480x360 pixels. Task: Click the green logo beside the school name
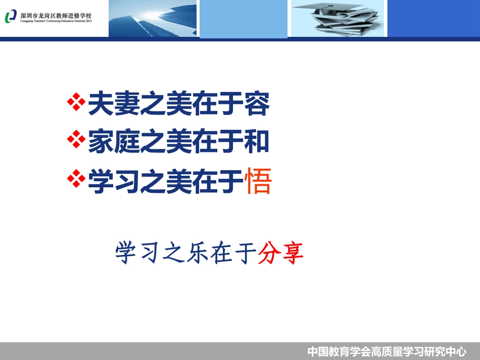pyautogui.click(x=11, y=17)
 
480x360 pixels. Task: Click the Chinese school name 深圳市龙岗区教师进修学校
pyautogui.click(x=56, y=14)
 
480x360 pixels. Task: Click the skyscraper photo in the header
pyautogui.click(x=153, y=18)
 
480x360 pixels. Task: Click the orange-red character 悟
pyautogui.click(x=258, y=182)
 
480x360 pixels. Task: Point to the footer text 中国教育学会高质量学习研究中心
pyautogui.click(x=387, y=351)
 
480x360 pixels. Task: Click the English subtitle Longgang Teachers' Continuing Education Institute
pyautogui.click(x=56, y=21)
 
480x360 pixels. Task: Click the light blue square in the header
pyautogui.click(x=244, y=18)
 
